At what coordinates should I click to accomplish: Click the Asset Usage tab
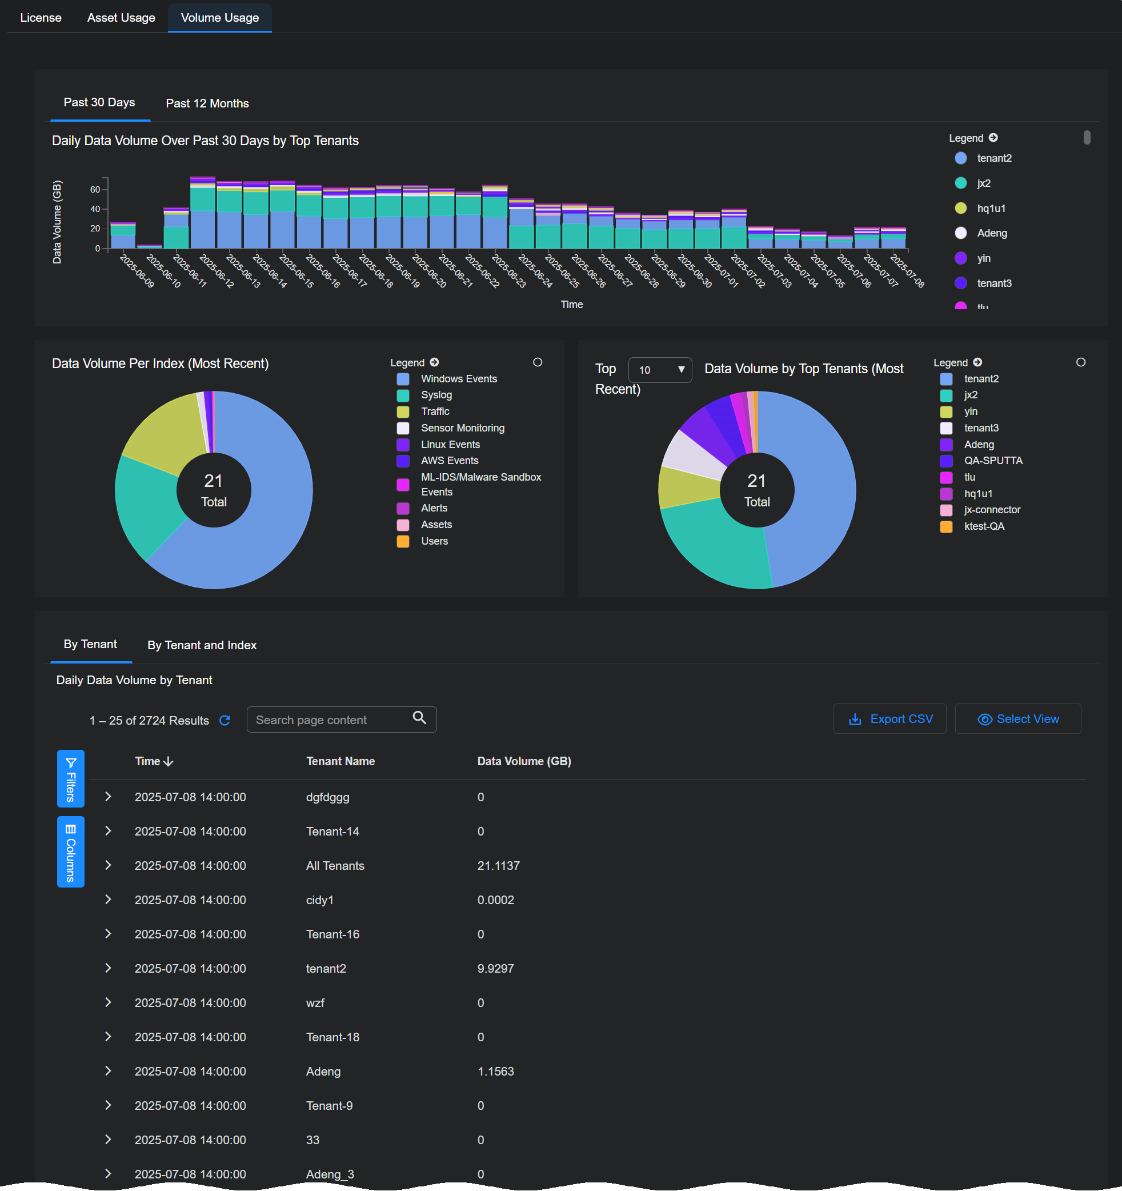tap(121, 18)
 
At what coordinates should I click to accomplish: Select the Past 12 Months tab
tap(207, 103)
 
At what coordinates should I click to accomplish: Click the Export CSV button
tap(889, 719)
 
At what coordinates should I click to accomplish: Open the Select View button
tap(1018, 719)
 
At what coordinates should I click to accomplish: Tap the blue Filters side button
tap(71, 779)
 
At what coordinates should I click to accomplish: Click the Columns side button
tap(71, 852)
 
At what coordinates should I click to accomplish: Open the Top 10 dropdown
tap(660, 370)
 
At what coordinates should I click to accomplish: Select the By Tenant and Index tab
tap(202, 645)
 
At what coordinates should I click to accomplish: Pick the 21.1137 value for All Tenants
tap(498, 866)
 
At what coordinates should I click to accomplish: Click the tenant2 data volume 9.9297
tap(495, 969)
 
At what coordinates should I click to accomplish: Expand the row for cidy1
tap(109, 900)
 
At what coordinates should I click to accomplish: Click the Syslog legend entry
tap(436, 395)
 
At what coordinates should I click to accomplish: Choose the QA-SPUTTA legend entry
tap(993, 461)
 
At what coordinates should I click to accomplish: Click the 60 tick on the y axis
tap(95, 190)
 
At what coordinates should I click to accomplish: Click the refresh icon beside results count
tap(225, 721)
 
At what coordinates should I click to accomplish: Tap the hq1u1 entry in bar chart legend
tap(991, 209)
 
